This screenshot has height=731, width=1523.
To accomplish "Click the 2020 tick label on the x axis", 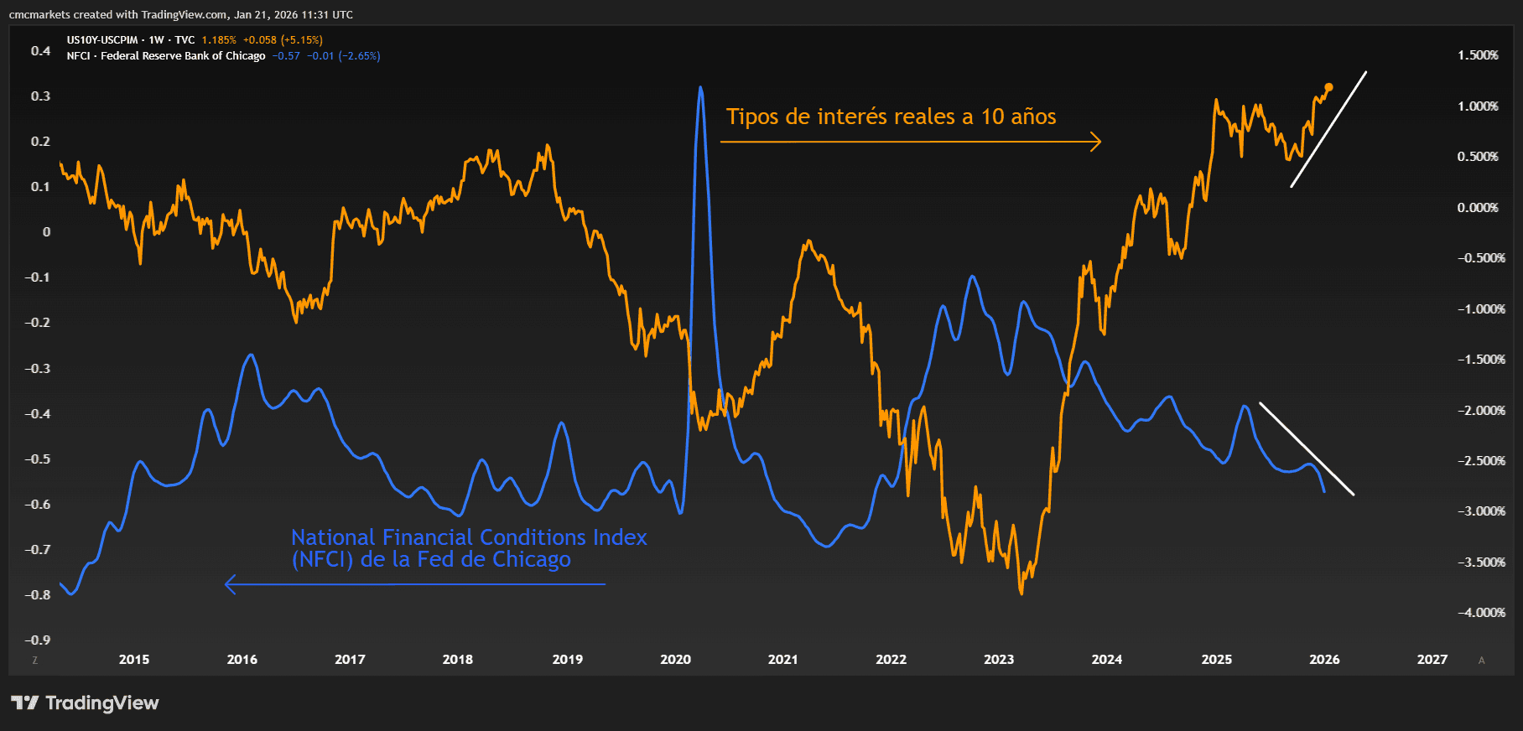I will (675, 660).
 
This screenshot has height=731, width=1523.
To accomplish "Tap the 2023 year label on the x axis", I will (998, 660).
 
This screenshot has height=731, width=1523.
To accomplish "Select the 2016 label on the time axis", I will (242, 660).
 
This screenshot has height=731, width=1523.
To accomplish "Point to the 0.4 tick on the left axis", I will (40, 51).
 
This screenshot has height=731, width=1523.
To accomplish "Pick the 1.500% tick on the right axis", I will (1478, 55).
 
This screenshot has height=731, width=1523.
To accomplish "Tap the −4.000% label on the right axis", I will (1481, 613).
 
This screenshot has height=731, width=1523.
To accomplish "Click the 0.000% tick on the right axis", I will (1478, 208).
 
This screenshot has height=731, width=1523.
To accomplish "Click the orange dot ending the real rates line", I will (1328, 87).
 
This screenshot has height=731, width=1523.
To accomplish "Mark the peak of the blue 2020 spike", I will (700, 87).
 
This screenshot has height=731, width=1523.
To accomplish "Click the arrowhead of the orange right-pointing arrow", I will (1097, 142).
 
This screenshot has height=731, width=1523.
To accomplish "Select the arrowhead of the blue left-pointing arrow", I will (230, 584).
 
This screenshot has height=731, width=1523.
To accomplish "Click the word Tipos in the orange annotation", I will (752, 117).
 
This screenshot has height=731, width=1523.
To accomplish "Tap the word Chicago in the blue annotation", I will (532, 559).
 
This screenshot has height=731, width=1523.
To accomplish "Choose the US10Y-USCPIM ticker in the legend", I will (102, 40).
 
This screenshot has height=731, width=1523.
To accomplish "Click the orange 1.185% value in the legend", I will (219, 40).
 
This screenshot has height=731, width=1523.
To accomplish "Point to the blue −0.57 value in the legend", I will (286, 56).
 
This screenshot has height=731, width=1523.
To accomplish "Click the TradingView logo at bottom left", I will (85, 702).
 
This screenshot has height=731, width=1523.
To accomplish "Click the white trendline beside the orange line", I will (1328, 129).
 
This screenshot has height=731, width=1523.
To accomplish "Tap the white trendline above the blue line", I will (1307, 449).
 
